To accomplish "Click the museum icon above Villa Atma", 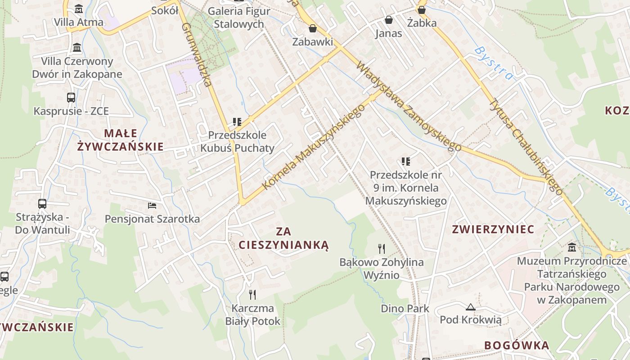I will click(79, 9).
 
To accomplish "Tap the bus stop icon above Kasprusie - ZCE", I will click(71, 97).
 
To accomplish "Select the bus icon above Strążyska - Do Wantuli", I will click(42, 204).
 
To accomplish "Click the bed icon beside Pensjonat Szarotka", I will click(152, 206).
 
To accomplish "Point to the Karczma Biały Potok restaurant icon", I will click(252, 295).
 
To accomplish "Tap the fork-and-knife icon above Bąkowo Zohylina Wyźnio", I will click(382, 248).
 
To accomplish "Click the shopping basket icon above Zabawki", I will click(313, 28).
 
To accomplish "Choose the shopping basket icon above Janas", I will click(389, 20).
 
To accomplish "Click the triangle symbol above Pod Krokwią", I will click(471, 307).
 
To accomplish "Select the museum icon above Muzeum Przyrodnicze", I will click(572, 247).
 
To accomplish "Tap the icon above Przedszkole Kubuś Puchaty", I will click(237, 121).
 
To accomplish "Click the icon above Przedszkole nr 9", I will click(406, 161).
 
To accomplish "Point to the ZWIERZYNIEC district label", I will click(493, 229).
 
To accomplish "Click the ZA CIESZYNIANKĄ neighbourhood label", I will click(284, 238).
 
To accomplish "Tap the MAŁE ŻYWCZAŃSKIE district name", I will click(121, 140).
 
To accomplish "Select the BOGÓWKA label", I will click(517, 346).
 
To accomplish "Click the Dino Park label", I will click(405, 309).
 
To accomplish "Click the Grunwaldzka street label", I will click(197, 54).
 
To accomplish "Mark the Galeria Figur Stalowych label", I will click(239, 18).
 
